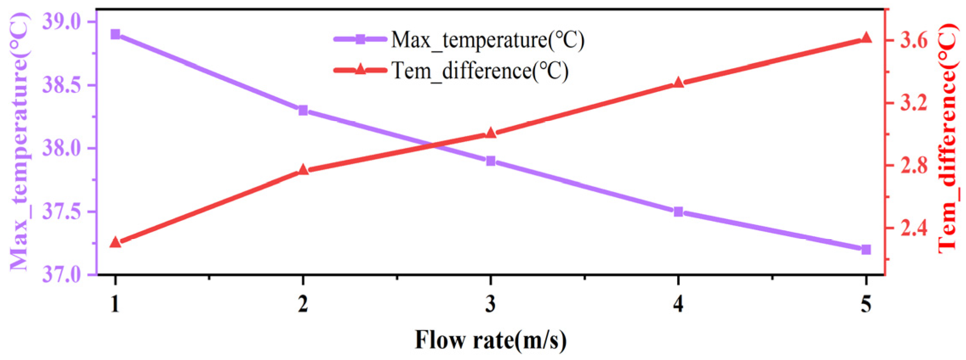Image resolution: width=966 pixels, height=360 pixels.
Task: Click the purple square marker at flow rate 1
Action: pyautogui.click(x=115, y=34)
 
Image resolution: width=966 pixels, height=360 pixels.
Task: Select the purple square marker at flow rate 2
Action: pyautogui.click(x=303, y=111)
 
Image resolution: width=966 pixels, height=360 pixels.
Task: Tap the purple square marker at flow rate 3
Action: pyautogui.click(x=491, y=161)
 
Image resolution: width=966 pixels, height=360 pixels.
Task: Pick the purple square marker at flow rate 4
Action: pyautogui.click(x=678, y=211)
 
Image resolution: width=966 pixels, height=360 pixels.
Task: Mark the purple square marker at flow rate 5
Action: pyautogui.click(x=866, y=249)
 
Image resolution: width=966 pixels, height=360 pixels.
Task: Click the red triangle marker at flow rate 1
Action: pyautogui.click(x=115, y=242)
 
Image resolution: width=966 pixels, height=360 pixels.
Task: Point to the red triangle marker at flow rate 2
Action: pyautogui.click(x=303, y=169)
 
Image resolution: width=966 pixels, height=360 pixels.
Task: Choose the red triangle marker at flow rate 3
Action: pyautogui.click(x=491, y=133)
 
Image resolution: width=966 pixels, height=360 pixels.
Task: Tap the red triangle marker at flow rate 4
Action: pyautogui.click(x=678, y=82)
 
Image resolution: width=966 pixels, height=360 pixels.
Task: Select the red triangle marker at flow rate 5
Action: pyautogui.click(x=866, y=38)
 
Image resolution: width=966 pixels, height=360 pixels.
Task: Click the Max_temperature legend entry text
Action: pyautogui.click(x=487, y=40)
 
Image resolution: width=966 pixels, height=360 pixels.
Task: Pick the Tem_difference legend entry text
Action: pyautogui.click(x=480, y=71)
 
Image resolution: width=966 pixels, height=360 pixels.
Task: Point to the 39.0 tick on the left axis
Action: pyautogui.click(x=62, y=21)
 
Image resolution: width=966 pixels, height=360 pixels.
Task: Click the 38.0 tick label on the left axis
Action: pyautogui.click(x=62, y=149)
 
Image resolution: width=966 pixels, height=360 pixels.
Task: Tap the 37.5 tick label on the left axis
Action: pyautogui.click(x=62, y=211)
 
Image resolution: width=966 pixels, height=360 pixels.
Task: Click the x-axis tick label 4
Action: pyautogui.click(x=678, y=304)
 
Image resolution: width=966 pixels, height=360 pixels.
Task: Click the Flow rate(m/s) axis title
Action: pyautogui.click(x=491, y=340)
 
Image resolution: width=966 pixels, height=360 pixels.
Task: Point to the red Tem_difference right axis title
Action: pyautogui.click(x=948, y=138)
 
